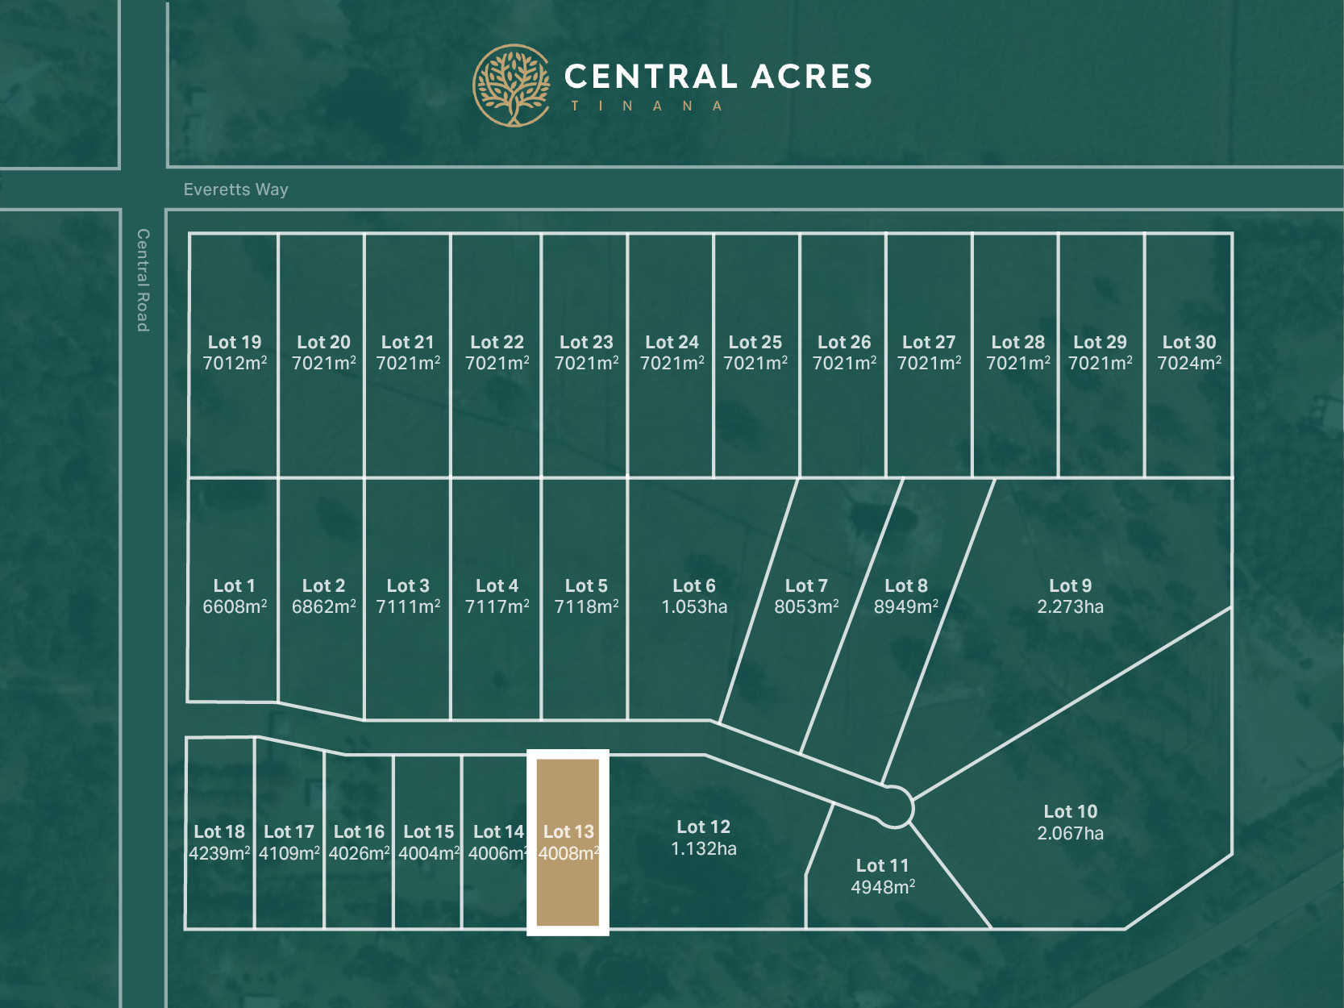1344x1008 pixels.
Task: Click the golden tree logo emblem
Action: point(511,85)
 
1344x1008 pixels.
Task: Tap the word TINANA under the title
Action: point(647,106)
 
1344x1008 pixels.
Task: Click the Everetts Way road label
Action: point(235,190)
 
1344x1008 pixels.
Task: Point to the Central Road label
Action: point(143,280)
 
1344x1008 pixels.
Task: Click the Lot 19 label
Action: point(235,342)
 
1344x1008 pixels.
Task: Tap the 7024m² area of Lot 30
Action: point(1189,364)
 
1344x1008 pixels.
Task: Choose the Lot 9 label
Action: point(1070,585)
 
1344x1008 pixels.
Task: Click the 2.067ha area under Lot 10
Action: point(1070,833)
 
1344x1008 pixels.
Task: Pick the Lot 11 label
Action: point(882,865)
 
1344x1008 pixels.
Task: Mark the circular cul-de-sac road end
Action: point(894,806)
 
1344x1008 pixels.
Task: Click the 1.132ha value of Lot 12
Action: point(703,848)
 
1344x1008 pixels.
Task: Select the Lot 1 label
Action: point(234,585)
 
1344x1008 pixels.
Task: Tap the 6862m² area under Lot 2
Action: point(323,607)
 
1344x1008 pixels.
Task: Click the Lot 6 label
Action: point(694,585)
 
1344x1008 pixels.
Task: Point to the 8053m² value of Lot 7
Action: point(806,607)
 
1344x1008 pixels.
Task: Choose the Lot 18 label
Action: point(219,831)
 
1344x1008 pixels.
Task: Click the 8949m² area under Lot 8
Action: point(906,607)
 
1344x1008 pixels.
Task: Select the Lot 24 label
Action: point(672,342)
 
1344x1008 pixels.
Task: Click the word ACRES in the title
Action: point(812,77)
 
